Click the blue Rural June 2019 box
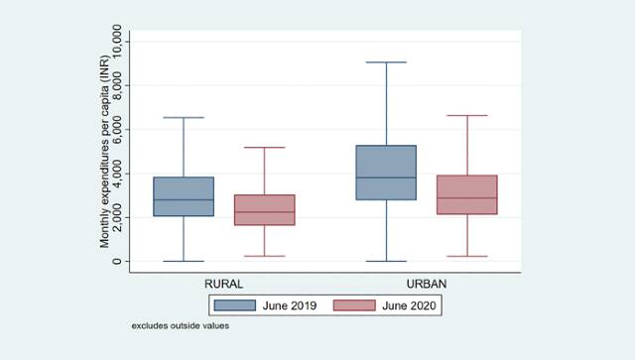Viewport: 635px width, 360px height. tap(184, 196)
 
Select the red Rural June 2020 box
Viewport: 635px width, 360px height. tap(264, 210)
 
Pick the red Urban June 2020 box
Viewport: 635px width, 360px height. tap(466, 195)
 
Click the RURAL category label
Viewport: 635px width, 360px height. tap(223, 284)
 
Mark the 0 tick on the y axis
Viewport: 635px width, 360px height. tap(117, 261)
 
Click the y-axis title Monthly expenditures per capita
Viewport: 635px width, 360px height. tap(103, 151)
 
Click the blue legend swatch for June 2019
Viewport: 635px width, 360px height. tap(234, 306)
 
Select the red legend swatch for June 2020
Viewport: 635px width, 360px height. tap(351, 306)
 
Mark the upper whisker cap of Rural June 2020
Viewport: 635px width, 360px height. tap(264, 148)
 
